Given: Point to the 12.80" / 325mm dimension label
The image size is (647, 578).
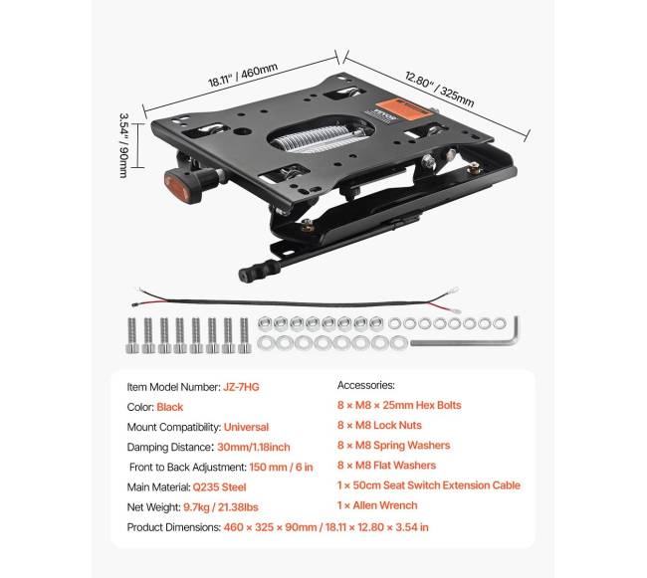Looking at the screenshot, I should (x=439, y=88).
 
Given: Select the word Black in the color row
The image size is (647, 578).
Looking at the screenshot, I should (x=170, y=407).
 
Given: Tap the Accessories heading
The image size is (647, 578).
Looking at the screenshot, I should (x=366, y=385).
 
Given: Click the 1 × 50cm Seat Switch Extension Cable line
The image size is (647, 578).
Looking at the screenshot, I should (x=429, y=485).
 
